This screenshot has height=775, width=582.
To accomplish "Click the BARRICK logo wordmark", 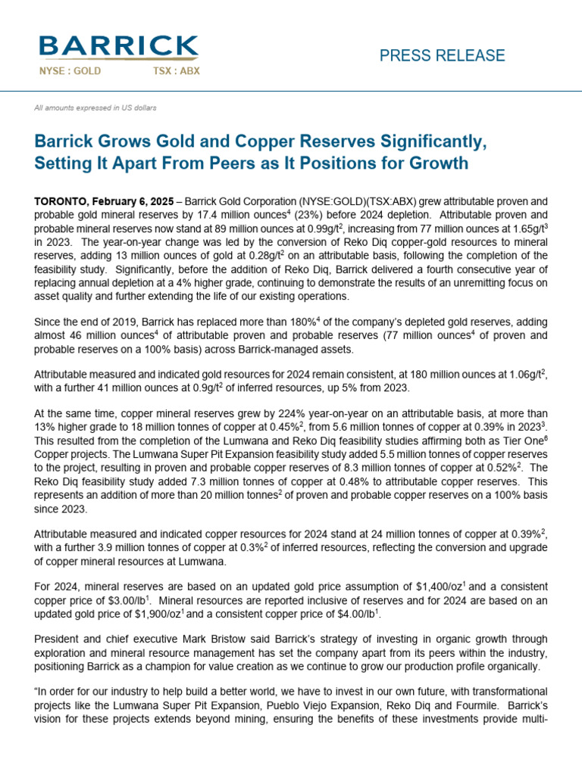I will (x=119, y=48).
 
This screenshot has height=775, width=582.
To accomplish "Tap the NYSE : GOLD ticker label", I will (x=70, y=71).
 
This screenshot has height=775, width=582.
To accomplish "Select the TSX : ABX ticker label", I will (x=171, y=71).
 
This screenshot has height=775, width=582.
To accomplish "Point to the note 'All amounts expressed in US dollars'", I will (x=95, y=108).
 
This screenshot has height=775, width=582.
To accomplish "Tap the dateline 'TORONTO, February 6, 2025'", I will (x=102, y=202).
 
